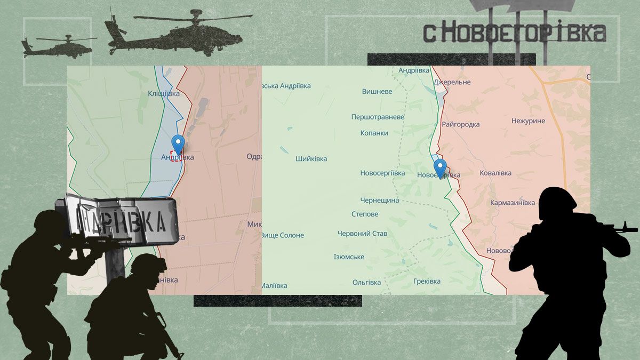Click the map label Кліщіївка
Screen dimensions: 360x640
164,94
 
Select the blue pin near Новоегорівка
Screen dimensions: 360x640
439,167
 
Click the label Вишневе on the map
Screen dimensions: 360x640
377,92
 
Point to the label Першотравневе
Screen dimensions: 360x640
378,117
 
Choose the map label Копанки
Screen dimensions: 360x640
374,133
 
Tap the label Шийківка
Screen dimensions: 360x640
311,159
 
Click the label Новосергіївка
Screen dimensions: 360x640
383,173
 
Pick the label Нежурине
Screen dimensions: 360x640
528,121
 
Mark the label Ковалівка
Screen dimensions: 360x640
495,173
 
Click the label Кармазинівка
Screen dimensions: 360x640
513,203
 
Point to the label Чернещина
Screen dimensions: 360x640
380,201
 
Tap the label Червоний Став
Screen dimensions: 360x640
363,234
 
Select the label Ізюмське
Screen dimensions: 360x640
349,257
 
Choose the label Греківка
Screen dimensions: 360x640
427,282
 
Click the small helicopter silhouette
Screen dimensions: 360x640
58,45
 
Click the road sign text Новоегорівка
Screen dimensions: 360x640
515,33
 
